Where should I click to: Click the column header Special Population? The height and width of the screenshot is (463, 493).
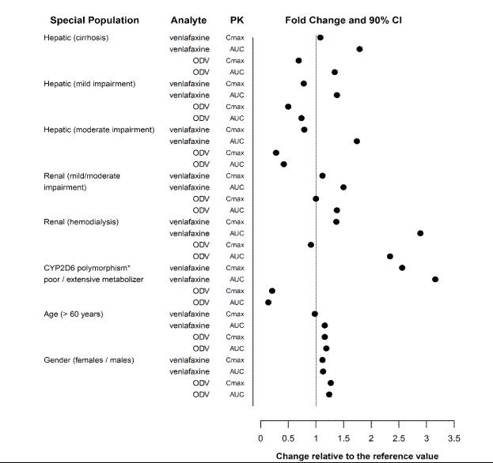pyautogui.click(x=94, y=20)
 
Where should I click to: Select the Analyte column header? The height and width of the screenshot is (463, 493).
pyautogui.click(x=188, y=20)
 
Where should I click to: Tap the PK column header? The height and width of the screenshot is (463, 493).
pyautogui.click(x=236, y=20)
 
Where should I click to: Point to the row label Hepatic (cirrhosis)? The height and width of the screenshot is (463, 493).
pyautogui.click(x=76, y=38)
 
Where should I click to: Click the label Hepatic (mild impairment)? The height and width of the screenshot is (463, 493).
pyautogui.click(x=89, y=84)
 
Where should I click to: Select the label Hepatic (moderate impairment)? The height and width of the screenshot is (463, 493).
pyautogui.click(x=99, y=130)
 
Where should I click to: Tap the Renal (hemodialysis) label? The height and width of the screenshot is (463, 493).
pyautogui.click(x=81, y=222)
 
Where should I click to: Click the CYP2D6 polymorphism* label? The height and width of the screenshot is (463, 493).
pyautogui.click(x=87, y=268)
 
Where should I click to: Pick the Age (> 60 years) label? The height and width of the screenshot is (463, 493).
pyautogui.click(x=74, y=314)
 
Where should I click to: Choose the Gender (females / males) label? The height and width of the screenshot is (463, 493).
pyautogui.click(x=88, y=360)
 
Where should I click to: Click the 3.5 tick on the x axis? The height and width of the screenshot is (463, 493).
pyautogui.click(x=454, y=438)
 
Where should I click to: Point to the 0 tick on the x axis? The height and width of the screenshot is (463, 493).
pyautogui.click(x=261, y=438)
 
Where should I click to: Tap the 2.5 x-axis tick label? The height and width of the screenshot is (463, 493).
pyautogui.click(x=399, y=438)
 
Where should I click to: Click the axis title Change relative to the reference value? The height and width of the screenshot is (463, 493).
pyautogui.click(x=357, y=456)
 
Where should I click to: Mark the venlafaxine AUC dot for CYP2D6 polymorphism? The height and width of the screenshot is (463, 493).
pyautogui.click(x=435, y=279)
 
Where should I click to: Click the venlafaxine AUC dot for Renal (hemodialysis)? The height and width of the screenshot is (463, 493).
pyautogui.click(x=420, y=233)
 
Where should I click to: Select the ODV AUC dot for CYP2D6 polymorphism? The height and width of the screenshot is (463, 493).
pyautogui.click(x=268, y=303)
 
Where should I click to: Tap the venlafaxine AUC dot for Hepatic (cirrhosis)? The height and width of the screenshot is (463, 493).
pyautogui.click(x=359, y=49)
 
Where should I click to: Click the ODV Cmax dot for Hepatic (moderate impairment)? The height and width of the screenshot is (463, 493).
pyautogui.click(x=276, y=152)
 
